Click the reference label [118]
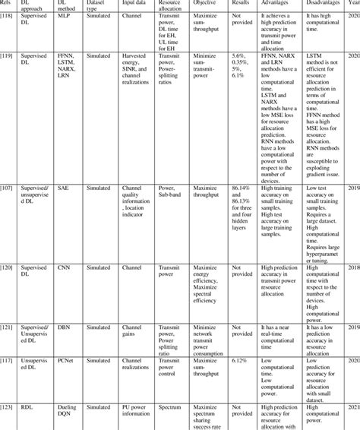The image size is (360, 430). point(9,15)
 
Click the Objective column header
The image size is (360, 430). point(204,4)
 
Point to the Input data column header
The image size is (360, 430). point(135,4)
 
